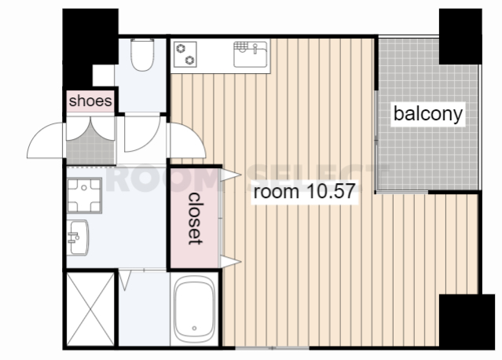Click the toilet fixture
tap(142, 54)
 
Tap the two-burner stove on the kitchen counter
tap(185, 55)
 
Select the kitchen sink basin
tap(251, 54)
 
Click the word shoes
tap(90, 101)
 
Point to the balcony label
tap(428, 114)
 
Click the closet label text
tap(195, 219)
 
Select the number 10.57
tap(331, 191)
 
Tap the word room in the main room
tap(277, 192)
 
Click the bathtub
tap(194, 310)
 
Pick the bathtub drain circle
tap(194, 328)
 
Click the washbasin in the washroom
tap(78, 237)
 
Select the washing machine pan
tap(84, 196)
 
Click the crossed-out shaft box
tap(90, 310)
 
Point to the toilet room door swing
tap(142, 134)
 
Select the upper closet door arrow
tap(230, 174)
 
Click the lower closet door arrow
tap(230, 262)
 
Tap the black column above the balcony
tap(460, 36)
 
